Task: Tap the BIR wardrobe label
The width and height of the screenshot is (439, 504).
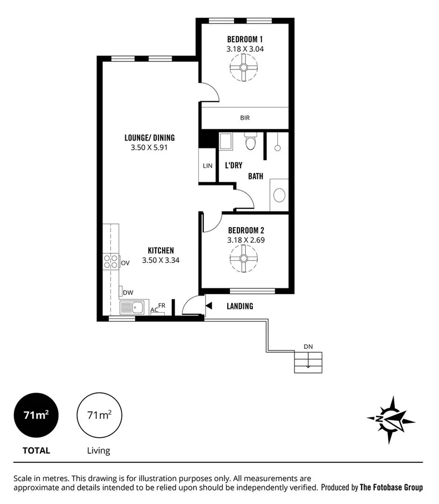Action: pyautogui.click(x=245, y=118)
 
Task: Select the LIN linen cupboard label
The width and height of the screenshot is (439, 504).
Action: pyautogui.click(x=207, y=166)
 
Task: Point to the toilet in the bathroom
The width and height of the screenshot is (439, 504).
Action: pyautogui.click(x=251, y=143)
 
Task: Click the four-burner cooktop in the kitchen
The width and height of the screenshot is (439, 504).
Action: pyautogui.click(x=111, y=262)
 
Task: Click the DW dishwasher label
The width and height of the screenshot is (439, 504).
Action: pyautogui.click(x=128, y=292)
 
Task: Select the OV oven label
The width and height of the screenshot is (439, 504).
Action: pyautogui.click(x=125, y=263)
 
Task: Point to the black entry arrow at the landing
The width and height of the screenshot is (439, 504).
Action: pyautogui.click(x=209, y=306)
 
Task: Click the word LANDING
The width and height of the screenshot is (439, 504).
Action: pyautogui.click(x=240, y=306)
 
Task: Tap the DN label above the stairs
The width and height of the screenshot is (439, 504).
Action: pyautogui.click(x=308, y=347)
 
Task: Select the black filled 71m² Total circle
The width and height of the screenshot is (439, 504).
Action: pyautogui.click(x=36, y=415)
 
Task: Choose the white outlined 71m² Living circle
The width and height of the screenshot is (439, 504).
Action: pyautogui.click(x=99, y=415)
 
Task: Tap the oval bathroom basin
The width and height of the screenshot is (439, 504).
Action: pyautogui.click(x=279, y=195)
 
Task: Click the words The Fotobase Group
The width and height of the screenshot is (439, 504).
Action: pyautogui.click(x=391, y=487)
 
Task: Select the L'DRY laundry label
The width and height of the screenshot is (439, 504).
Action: pyautogui.click(x=234, y=166)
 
